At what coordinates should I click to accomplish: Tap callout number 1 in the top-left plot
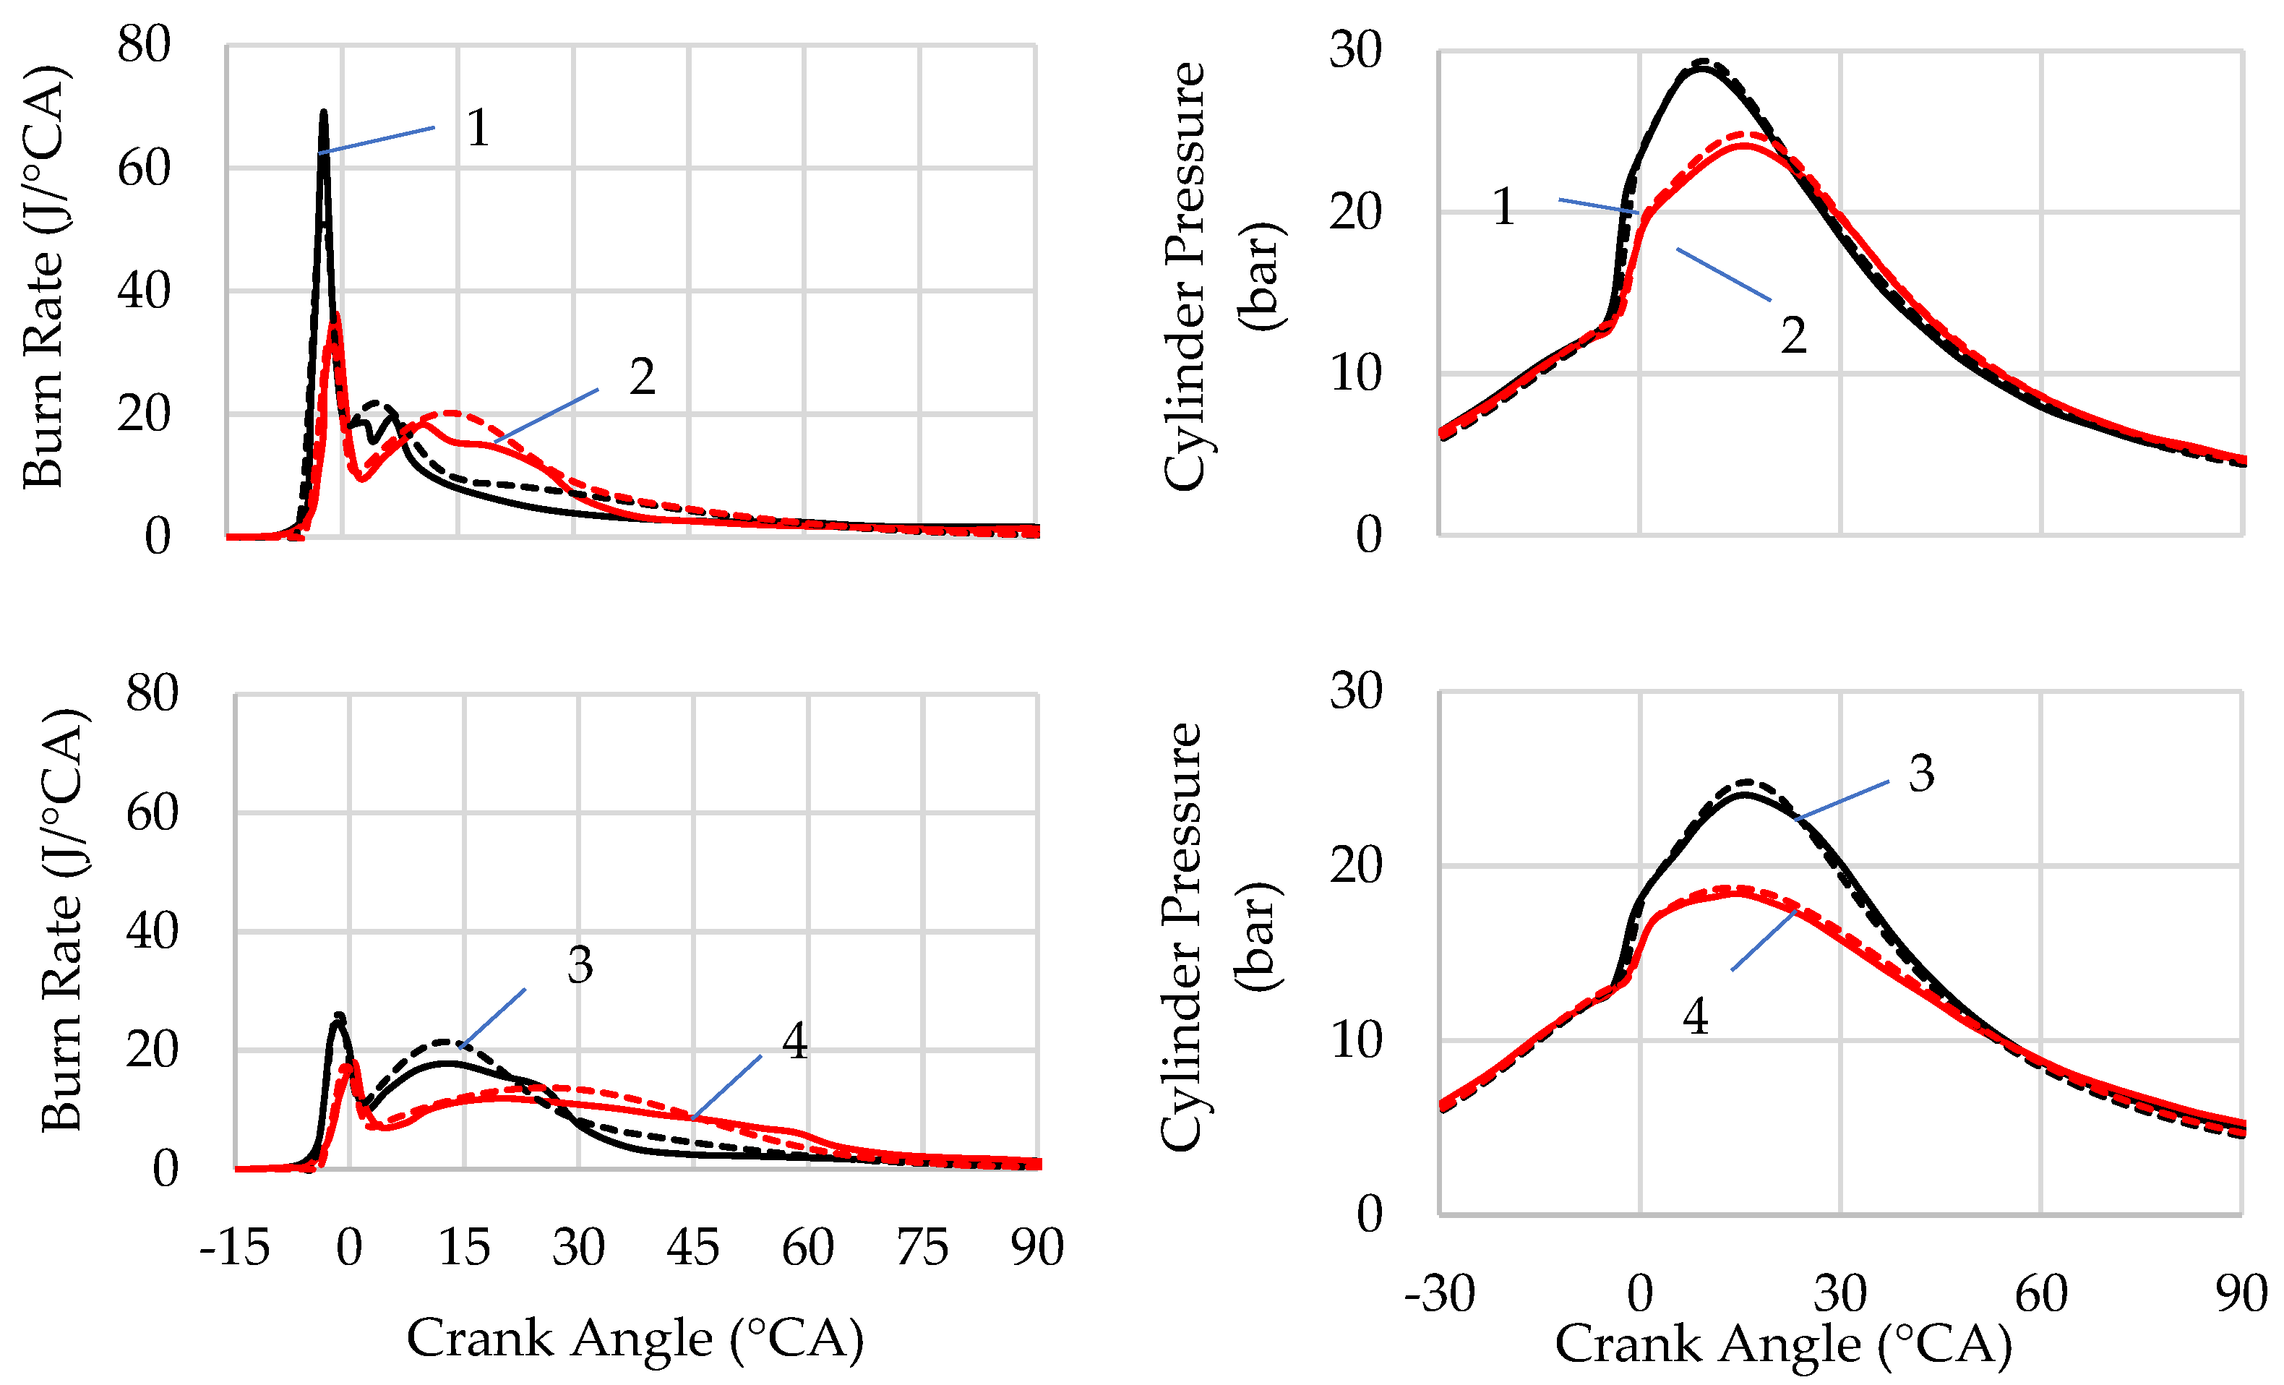477,128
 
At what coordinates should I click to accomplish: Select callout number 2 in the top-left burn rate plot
641,377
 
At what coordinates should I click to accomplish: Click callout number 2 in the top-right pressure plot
1793,335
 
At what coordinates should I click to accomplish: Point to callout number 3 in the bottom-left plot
580,965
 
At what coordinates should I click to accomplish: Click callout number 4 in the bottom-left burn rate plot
794,1041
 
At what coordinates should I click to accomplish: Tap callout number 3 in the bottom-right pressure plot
1920,773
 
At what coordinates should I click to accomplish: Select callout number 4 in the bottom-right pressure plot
1696,1016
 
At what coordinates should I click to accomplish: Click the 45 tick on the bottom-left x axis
692,1247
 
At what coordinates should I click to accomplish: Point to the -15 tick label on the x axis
234,1247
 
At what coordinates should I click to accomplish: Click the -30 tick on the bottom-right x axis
1440,1293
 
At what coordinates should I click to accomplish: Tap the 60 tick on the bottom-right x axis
2041,1293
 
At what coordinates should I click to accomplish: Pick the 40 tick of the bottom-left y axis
152,931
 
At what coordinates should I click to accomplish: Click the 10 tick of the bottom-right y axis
1355,1040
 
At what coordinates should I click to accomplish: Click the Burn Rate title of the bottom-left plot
63,919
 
